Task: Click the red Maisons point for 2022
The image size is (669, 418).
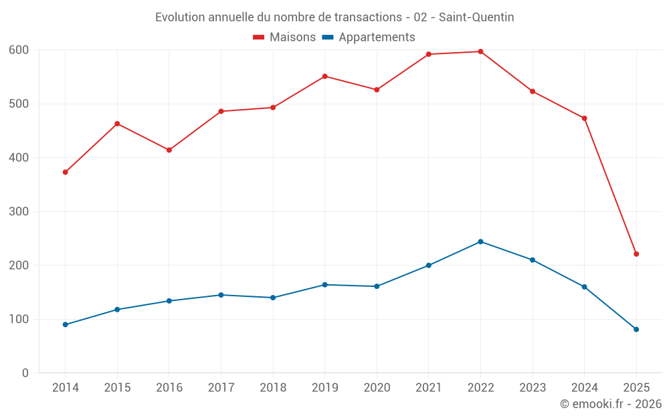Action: coord(480,51)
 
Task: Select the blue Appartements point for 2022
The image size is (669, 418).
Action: coord(480,241)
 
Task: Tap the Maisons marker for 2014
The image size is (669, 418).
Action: coord(65,172)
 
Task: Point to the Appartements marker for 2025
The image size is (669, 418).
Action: coord(636,329)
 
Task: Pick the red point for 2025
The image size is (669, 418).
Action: coord(636,254)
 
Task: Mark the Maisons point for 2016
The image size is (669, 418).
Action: coord(169,150)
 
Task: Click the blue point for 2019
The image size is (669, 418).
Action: coord(324,285)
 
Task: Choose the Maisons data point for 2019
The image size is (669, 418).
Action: coord(324,76)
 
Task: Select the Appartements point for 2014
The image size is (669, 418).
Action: coord(65,324)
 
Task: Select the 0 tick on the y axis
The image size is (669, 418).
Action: coord(25,373)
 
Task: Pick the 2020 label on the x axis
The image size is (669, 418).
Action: coord(377,388)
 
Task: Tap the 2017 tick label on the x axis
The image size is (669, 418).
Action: coord(221,388)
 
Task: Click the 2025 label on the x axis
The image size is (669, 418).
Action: coord(636,388)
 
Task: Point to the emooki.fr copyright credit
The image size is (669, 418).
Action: coord(611,404)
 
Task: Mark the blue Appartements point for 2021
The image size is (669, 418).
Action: coord(429,266)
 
